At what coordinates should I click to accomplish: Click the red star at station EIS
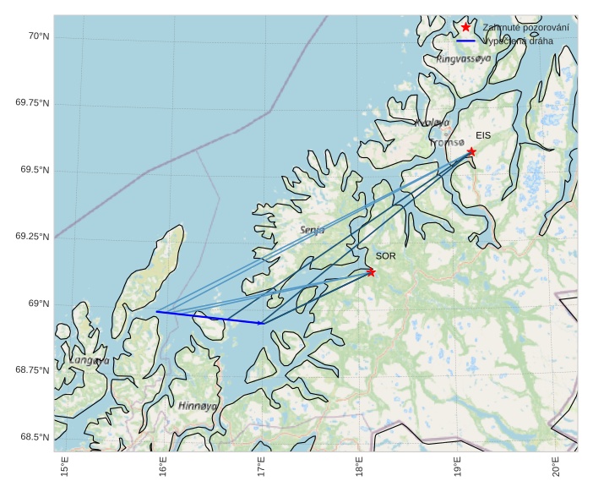(471, 151)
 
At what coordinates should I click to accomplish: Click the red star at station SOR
(371, 272)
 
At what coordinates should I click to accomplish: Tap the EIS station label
(483, 135)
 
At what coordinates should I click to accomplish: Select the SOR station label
(385, 255)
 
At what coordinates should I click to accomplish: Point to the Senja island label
(312, 230)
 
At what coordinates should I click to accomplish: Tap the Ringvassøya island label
(463, 59)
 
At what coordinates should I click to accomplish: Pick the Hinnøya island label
(199, 406)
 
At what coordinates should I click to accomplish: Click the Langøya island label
(90, 360)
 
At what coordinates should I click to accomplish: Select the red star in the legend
(465, 27)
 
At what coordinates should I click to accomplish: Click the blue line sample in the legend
(465, 41)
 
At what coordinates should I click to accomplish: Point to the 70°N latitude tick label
(38, 36)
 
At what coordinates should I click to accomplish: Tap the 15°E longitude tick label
(65, 467)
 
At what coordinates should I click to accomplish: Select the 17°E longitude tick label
(261, 467)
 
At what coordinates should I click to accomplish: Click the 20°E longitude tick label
(556, 467)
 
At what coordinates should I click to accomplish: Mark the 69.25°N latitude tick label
(33, 236)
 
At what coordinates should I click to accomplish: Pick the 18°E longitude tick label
(359, 467)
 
